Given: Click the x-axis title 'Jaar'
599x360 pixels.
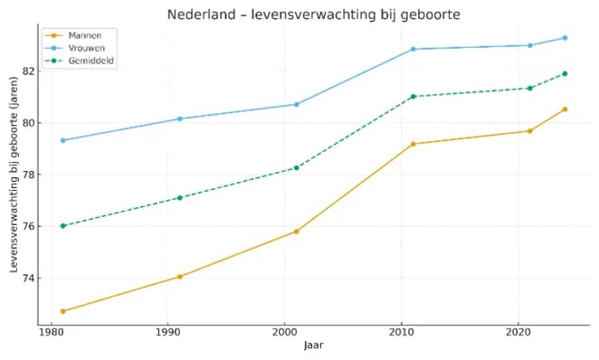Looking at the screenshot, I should (313, 345).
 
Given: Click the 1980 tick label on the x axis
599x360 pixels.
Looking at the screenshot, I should (51, 332).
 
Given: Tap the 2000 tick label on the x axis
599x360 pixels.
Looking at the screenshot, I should (284, 332).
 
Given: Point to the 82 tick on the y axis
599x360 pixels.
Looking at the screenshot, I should (26, 71).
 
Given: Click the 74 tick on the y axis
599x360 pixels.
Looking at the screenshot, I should (26, 278).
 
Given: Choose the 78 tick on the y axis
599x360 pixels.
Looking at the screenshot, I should (26, 175).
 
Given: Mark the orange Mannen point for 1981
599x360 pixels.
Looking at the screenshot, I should (62, 311).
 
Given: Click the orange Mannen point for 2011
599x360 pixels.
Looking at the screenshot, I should (413, 144).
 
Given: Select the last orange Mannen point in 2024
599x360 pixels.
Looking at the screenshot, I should (565, 109).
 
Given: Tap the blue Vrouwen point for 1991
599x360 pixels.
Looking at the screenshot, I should (179, 118).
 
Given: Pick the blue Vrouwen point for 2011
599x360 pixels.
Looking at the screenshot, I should (413, 49).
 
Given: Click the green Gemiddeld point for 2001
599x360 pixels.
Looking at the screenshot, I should (296, 167).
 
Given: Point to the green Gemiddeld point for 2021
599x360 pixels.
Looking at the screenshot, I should (529, 88).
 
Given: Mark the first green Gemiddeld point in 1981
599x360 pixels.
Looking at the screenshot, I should (62, 225).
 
